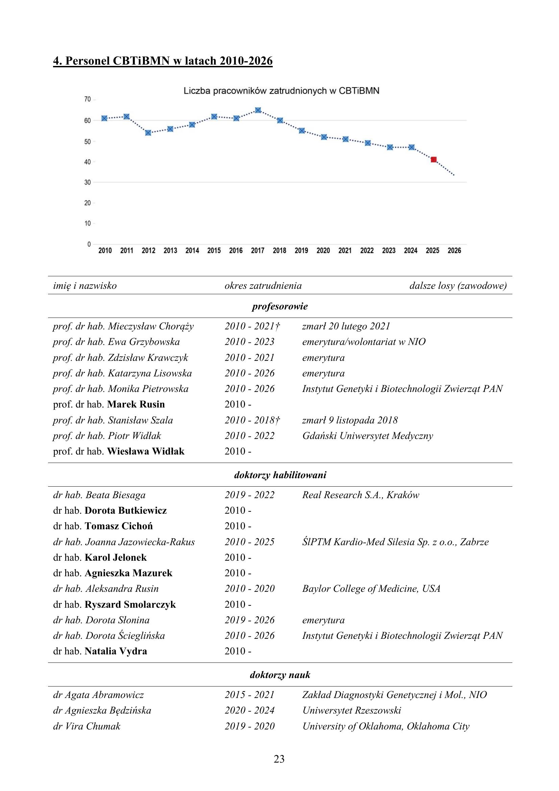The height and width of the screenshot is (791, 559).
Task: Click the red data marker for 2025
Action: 434,159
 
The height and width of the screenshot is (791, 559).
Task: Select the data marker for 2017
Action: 258,110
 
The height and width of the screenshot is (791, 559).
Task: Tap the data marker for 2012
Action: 148,133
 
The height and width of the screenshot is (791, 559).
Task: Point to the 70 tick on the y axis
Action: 88,99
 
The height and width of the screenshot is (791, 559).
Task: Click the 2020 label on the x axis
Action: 323,251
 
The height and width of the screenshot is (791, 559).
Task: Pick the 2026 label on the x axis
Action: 454,251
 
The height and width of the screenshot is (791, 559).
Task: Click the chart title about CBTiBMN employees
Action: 281,91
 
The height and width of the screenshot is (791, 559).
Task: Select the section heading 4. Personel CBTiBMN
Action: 163,61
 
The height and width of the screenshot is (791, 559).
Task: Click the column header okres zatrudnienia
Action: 263,286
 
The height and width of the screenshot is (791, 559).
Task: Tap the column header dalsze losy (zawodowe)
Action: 458,286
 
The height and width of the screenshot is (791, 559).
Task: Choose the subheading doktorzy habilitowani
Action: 280,475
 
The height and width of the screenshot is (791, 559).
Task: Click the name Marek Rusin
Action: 136,404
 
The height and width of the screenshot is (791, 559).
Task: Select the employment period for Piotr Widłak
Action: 249,436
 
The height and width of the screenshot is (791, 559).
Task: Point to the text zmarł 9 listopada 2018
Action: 350,420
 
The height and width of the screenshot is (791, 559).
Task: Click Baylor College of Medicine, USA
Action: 371,588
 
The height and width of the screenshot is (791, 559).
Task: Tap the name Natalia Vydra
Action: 116,651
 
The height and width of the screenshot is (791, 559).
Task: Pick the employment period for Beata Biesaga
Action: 249,495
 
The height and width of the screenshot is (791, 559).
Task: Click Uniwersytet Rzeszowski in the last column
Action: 352,711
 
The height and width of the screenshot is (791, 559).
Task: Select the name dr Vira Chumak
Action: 87,726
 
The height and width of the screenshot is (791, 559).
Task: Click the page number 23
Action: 279,759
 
